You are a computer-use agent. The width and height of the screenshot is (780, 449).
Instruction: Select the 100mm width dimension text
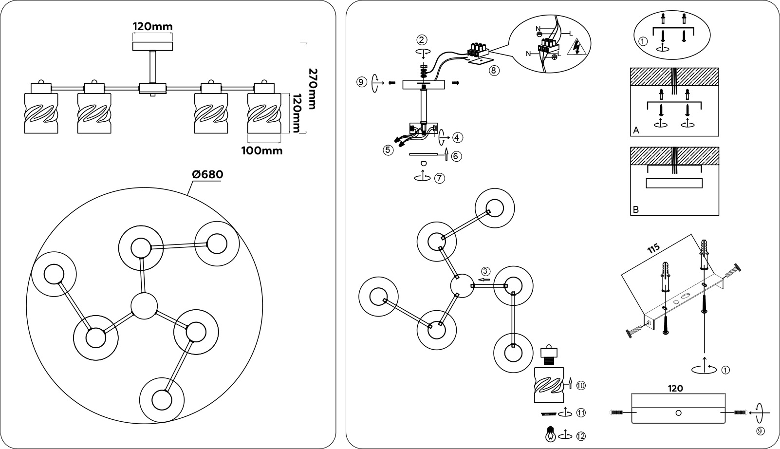(262, 150)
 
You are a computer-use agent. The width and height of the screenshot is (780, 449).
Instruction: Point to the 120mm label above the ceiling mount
(153, 26)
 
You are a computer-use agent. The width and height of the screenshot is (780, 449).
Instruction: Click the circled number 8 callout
(493, 71)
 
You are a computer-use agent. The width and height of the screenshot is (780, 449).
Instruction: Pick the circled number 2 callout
(422, 39)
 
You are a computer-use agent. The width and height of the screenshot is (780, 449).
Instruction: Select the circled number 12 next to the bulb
(580, 435)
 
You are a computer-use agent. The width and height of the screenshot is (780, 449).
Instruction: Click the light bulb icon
(550, 433)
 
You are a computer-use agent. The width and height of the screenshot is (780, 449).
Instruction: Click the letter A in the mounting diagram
(636, 131)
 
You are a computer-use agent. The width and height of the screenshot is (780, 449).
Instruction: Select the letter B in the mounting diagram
(636, 210)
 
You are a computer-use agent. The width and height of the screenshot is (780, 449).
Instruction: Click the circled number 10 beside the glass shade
(580, 386)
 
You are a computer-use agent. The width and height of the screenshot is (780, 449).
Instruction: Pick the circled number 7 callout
(439, 178)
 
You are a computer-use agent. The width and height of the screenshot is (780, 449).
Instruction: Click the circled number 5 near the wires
(388, 150)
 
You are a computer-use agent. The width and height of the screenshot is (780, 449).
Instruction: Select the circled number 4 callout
(457, 138)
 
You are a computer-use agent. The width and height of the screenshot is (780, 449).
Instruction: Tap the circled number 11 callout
(580, 412)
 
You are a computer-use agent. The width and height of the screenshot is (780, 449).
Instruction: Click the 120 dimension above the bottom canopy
(676, 388)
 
